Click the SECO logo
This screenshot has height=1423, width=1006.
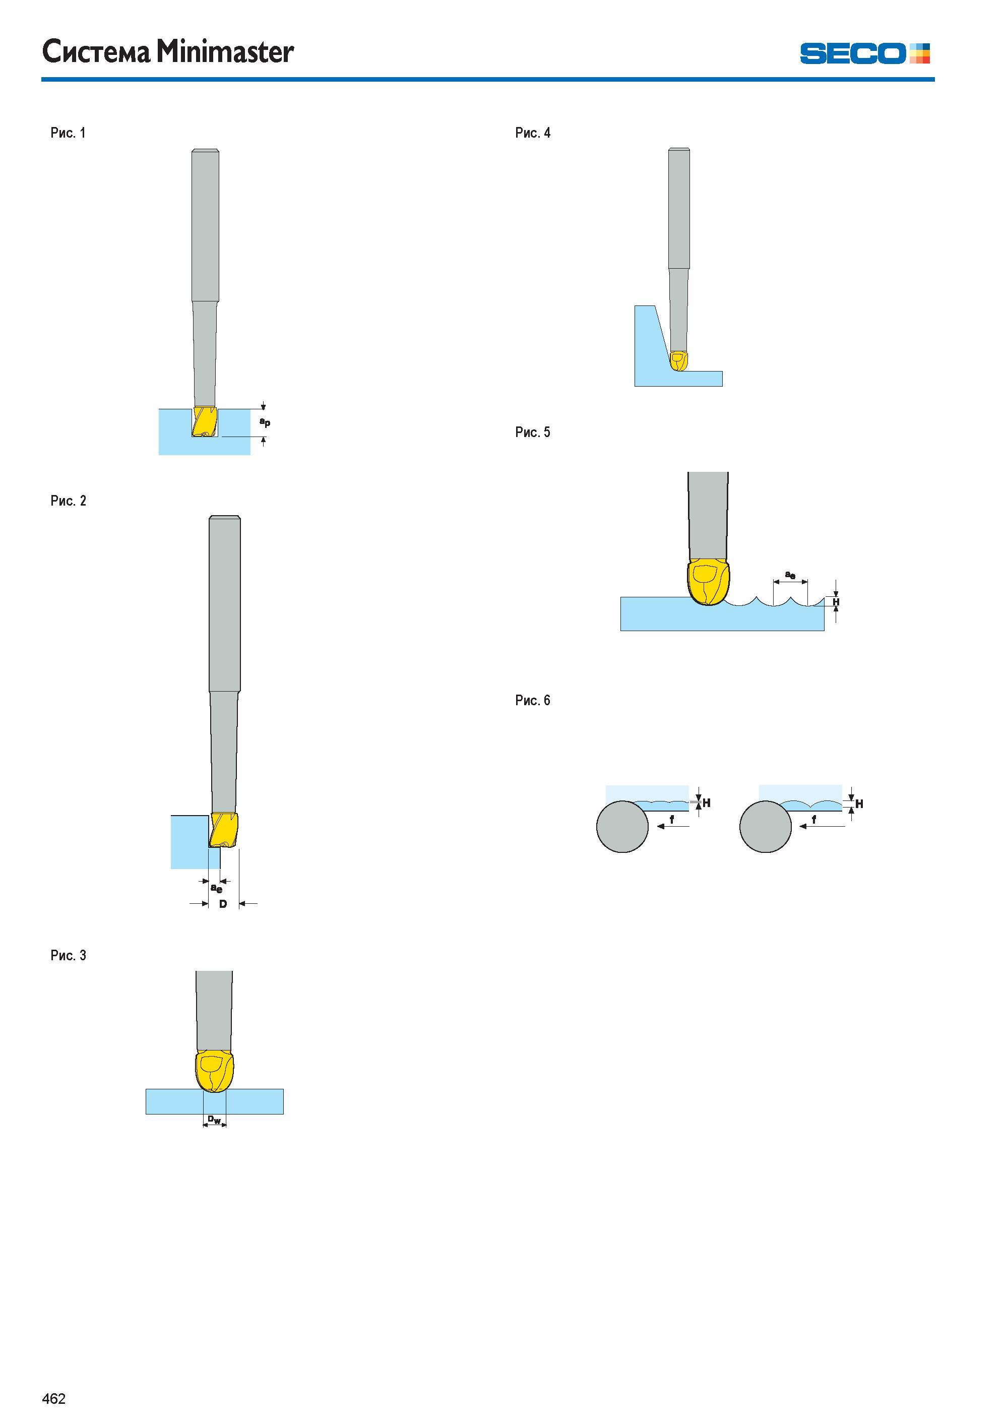coord(865,53)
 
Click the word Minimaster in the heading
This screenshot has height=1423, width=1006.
coord(224,51)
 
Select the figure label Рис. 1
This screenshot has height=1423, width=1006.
coord(68,133)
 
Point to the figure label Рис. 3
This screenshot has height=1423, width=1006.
coord(68,955)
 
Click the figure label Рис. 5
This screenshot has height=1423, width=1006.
coord(532,432)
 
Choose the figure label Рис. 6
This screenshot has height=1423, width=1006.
coord(532,700)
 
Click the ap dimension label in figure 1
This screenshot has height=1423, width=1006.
coord(265,422)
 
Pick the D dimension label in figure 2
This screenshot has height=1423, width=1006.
coord(223,904)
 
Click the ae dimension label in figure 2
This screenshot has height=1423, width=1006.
coord(216,888)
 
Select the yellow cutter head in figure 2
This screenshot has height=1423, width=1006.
coord(224,830)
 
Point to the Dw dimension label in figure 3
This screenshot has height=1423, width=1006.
coord(214,1120)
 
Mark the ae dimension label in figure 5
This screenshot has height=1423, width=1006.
coord(790,575)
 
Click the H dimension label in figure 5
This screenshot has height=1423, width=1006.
coord(836,602)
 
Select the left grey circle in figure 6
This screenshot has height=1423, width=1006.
coord(622,826)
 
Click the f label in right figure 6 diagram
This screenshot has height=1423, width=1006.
coord(814,819)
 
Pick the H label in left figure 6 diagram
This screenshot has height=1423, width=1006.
coord(706,803)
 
